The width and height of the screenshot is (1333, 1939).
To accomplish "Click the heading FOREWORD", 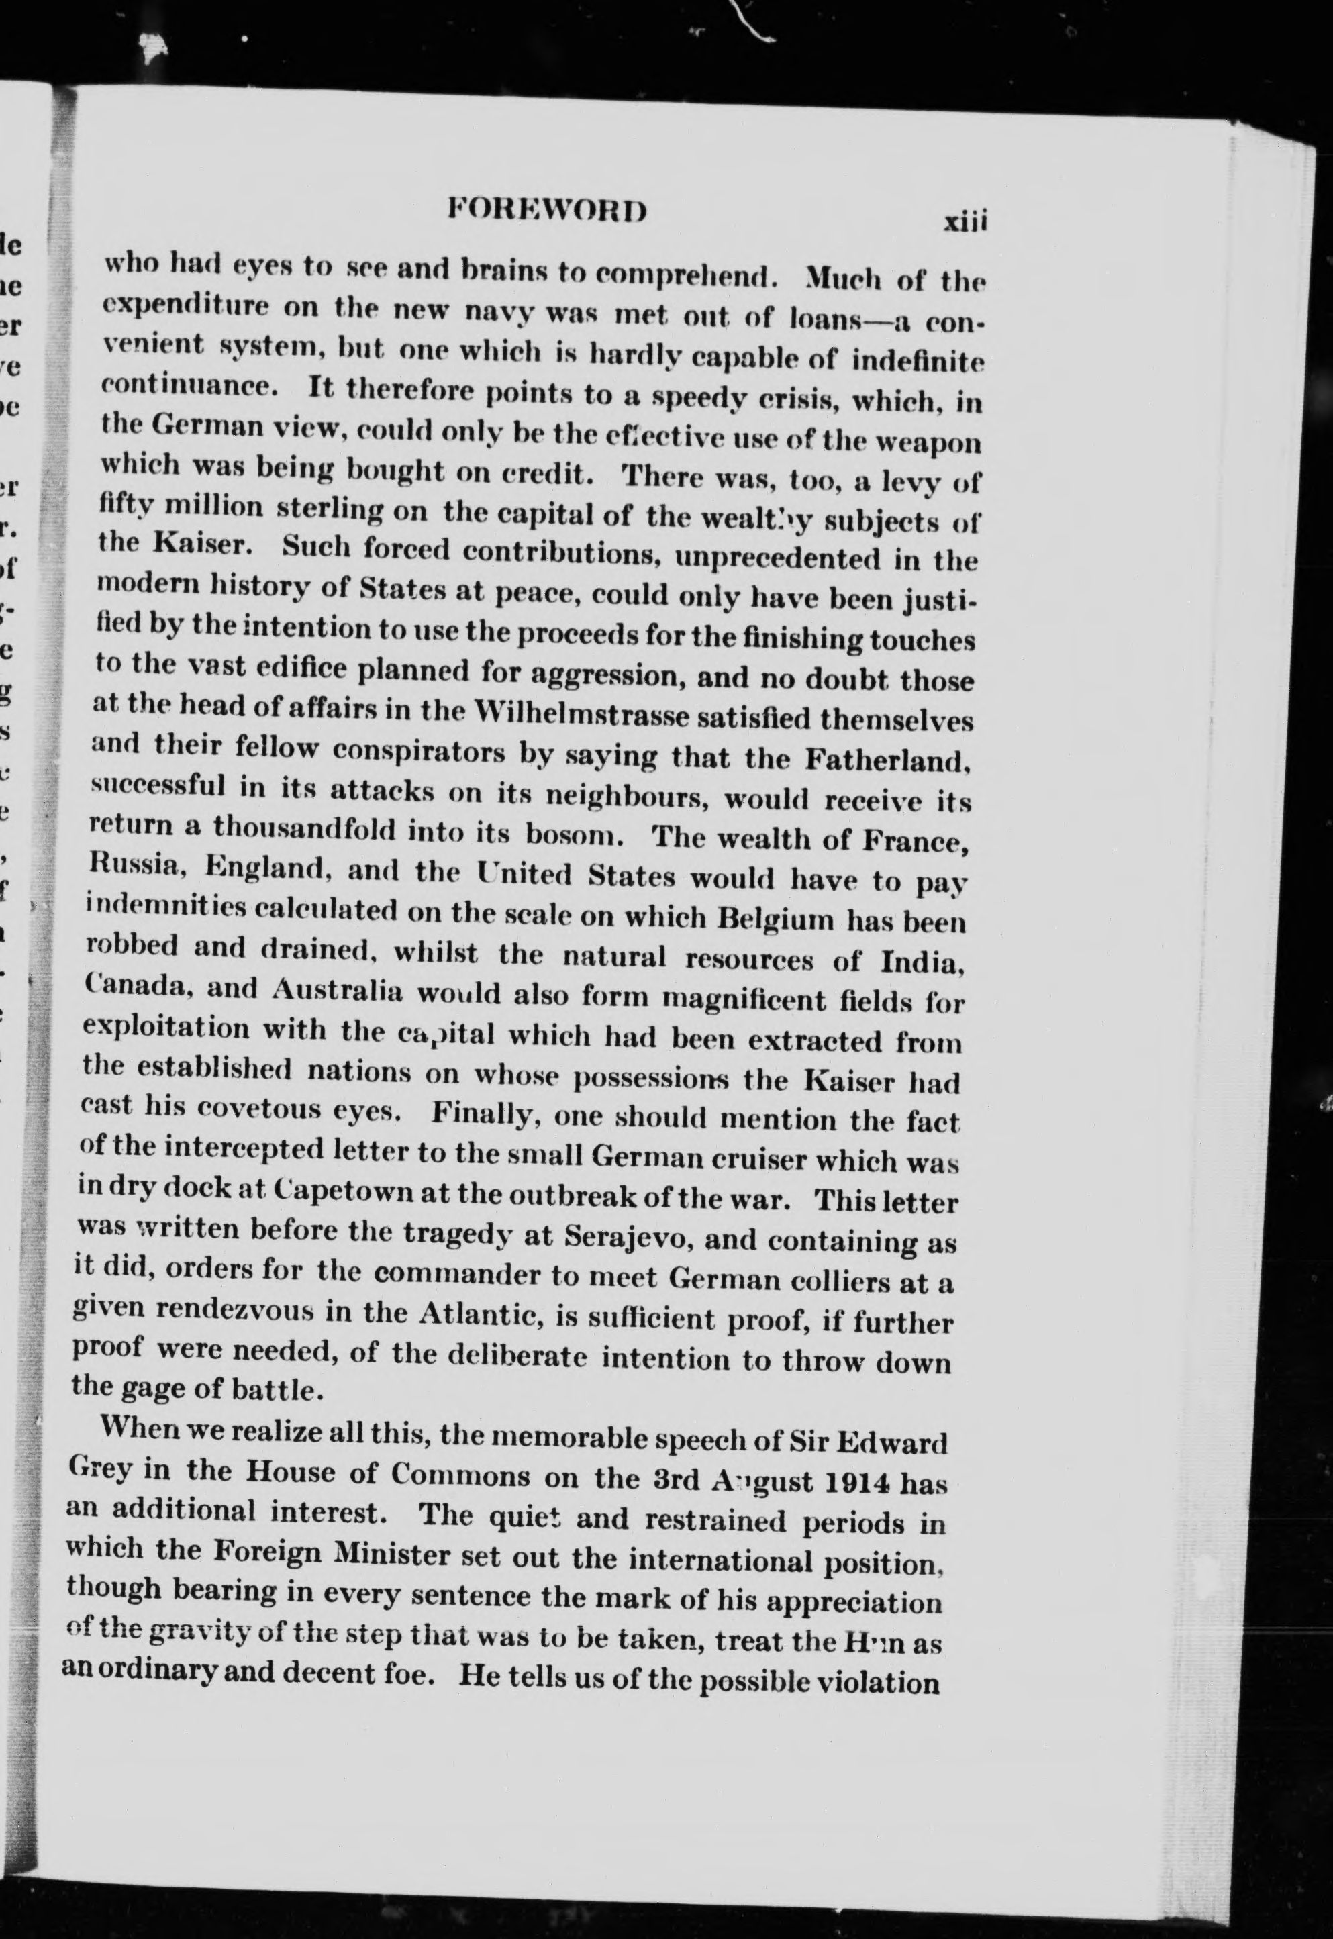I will point(547,209).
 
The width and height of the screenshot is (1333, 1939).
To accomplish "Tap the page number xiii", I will point(965,222).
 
